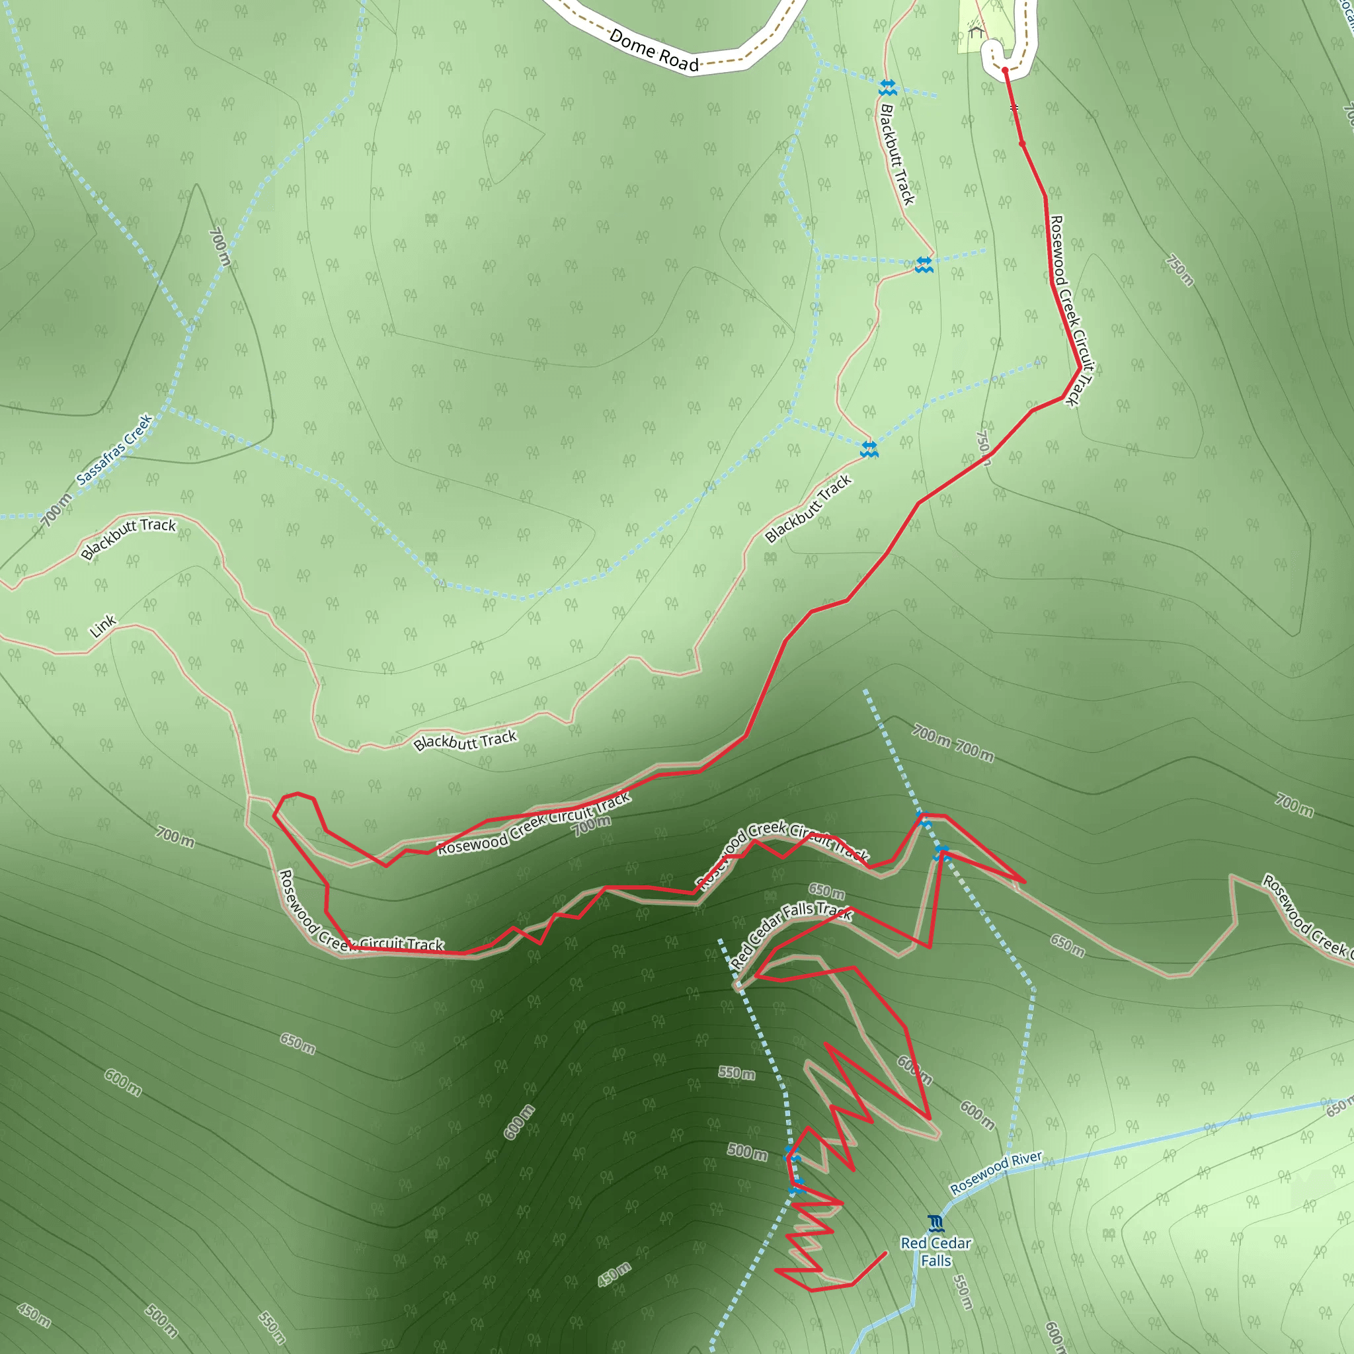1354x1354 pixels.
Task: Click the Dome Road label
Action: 653,50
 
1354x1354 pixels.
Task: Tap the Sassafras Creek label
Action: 115,449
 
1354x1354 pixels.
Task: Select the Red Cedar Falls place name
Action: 936,1252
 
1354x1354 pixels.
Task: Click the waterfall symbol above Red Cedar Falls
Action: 936,1224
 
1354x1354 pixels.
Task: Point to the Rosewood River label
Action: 996,1172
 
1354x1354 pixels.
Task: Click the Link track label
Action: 103,625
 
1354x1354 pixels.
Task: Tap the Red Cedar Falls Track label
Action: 791,936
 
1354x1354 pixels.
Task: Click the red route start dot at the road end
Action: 1005,70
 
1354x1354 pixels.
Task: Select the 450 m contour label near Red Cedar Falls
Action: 615,1275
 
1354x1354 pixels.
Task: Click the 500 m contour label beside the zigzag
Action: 747,1151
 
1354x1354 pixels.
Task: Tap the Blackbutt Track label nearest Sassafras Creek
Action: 128,538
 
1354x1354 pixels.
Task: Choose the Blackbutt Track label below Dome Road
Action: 897,154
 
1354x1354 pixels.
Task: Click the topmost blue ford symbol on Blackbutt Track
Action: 887,89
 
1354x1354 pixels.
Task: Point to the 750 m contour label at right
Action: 1179,270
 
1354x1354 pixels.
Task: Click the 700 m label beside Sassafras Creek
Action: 56,510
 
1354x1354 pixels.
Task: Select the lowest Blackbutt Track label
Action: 465,740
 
